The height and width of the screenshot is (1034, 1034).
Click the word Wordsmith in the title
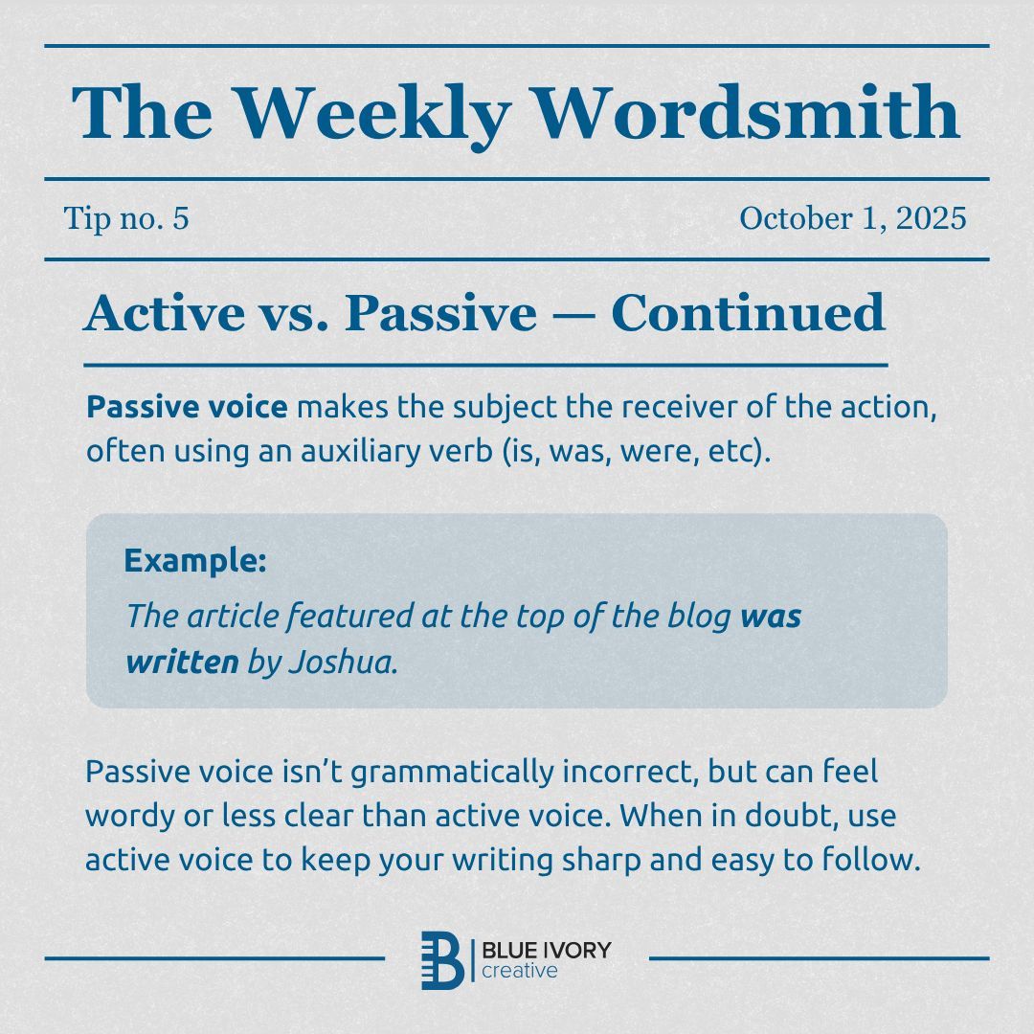pos(746,113)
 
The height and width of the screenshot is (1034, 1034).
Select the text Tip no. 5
pos(126,219)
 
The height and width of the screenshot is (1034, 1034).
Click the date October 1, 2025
pos(852,219)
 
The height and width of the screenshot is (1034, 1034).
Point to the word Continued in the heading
pos(748,313)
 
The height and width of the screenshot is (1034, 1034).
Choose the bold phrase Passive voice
pos(187,408)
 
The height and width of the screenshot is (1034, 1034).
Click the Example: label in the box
pos(195,561)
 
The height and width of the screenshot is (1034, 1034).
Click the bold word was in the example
pos(771,616)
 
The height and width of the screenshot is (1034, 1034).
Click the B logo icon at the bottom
pos(442,958)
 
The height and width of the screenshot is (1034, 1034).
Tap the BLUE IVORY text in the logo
pos(546,950)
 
